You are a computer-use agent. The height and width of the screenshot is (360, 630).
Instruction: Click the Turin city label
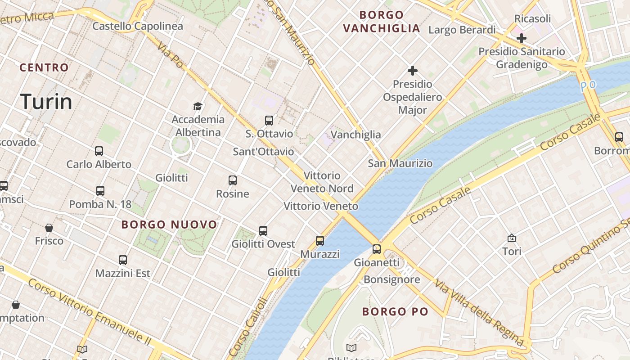[x=46, y=102]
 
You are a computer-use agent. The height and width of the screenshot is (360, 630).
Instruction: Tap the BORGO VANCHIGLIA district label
[x=382, y=22]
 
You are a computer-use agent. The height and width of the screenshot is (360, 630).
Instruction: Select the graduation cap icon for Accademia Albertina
[x=198, y=106]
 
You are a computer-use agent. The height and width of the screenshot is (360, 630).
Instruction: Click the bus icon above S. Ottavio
[x=269, y=121]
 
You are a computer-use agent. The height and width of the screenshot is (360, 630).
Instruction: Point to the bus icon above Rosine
[x=233, y=180]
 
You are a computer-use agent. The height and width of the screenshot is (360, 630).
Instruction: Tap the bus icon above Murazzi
[x=320, y=241]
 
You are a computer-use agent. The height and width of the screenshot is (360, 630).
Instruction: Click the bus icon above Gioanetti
[x=377, y=249]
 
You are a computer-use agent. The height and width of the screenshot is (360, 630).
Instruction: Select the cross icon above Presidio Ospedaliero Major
[x=412, y=71]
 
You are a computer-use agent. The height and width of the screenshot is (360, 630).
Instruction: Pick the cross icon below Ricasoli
[x=522, y=38]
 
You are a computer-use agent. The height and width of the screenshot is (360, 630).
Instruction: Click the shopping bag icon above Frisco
[x=49, y=228]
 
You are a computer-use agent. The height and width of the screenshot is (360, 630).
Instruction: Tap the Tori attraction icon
[x=512, y=238]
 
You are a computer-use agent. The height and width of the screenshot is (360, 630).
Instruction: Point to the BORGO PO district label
[x=395, y=311]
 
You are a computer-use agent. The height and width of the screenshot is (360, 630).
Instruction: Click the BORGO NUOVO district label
[x=169, y=225]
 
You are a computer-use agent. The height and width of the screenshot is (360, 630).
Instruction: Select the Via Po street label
[x=171, y=55]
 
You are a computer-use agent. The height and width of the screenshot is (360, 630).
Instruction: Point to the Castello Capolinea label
[x=138, y=26]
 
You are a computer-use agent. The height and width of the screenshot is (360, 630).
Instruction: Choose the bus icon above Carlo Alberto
[x=99, y=151]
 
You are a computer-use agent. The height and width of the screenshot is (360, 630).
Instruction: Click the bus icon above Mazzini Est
[x=123, y=260]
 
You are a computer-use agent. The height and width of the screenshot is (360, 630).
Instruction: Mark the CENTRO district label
[x=44, y=67]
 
